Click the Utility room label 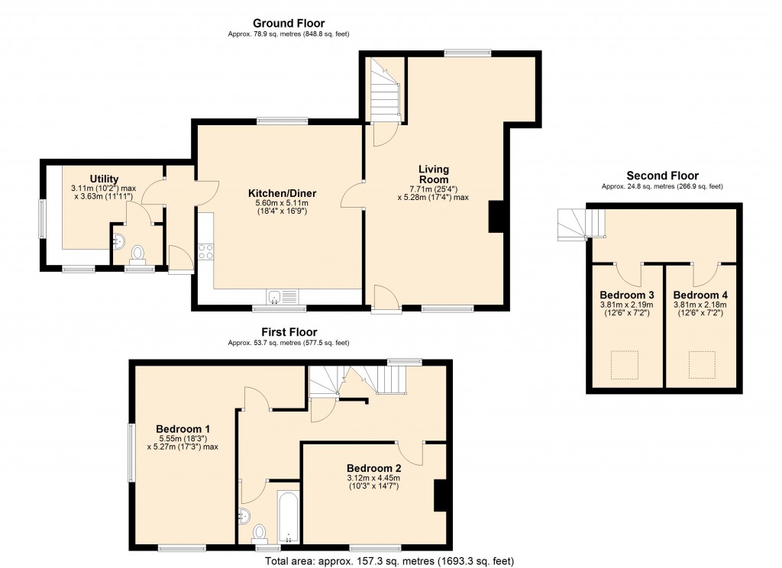click(104, 179)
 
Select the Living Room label click(433, 174)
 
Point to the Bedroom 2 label click(373, 468)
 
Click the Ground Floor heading click(289, 24)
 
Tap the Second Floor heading click(662, 176)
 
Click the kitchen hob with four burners click(205, 251)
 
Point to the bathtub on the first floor click(289, 515)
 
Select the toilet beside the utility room click(138, 252)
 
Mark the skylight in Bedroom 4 click(701, 364)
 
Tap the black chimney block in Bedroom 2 click(440, 495)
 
